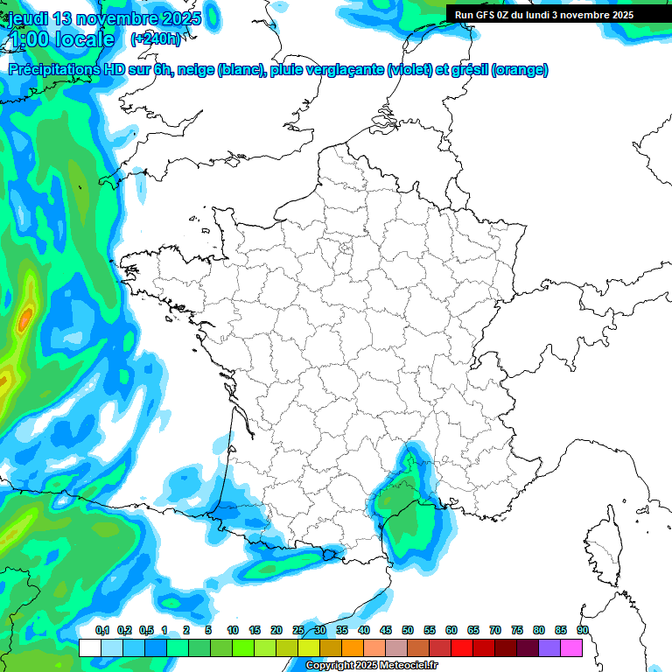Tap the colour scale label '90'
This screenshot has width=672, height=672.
583,630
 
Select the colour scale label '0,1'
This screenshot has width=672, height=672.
102,630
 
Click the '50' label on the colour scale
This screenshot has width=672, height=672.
408,630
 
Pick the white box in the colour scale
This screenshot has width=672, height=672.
89,647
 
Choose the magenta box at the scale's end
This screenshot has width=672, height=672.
571,647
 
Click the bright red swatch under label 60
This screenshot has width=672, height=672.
462,647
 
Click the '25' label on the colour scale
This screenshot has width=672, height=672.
298,630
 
